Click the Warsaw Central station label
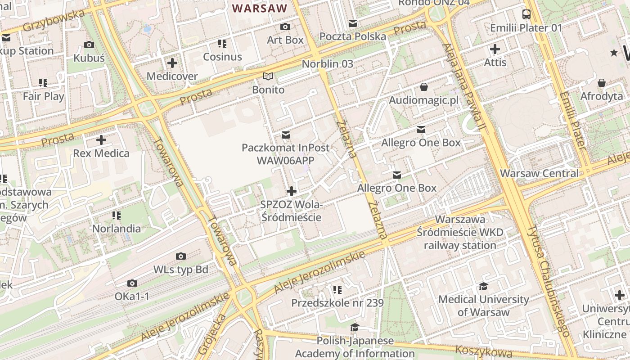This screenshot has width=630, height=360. (539, 173)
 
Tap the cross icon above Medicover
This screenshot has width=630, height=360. (172, 63)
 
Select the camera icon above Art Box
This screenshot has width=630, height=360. (285, 27)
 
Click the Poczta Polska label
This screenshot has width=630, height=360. (353, 36)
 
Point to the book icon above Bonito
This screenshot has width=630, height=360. (268, 76)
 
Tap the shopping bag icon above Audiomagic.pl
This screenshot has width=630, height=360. (424, 87)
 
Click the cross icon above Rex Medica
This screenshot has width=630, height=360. (101, 140)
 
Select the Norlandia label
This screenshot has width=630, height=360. (117, 229)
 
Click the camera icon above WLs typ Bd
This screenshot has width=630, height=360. (181, 256)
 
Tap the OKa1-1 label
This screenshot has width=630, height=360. (132, 297)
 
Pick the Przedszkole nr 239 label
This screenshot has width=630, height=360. (337, 303)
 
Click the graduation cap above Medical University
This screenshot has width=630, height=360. (483, 286)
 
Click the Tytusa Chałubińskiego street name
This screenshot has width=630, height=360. (549, 281)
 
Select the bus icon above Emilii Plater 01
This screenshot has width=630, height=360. (526, 14)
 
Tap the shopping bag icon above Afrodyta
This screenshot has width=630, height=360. (602, 83)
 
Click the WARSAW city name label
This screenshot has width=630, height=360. (260, 8)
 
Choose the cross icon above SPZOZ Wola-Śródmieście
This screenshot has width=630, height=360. (292, 191)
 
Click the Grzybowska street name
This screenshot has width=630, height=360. (54, 21)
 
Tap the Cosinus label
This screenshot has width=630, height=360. (222, 57)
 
